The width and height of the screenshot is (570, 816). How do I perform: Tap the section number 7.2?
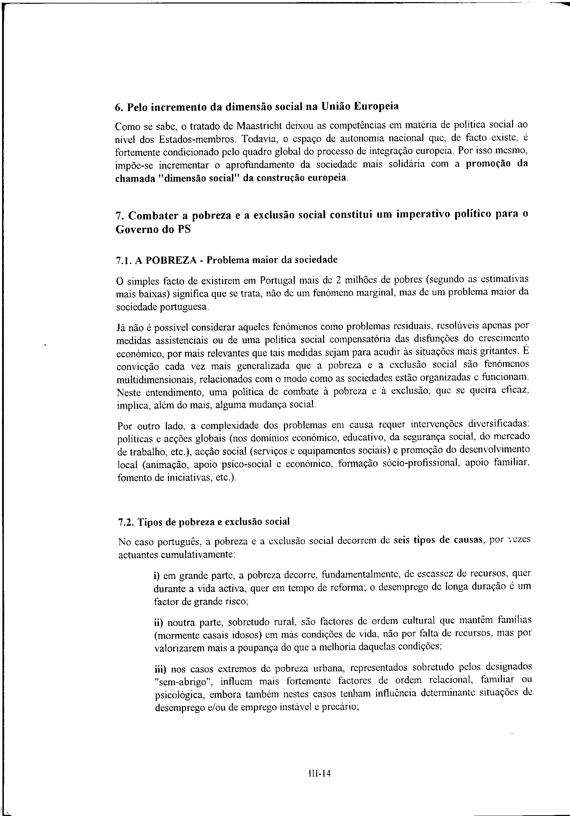tap(125, 522)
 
